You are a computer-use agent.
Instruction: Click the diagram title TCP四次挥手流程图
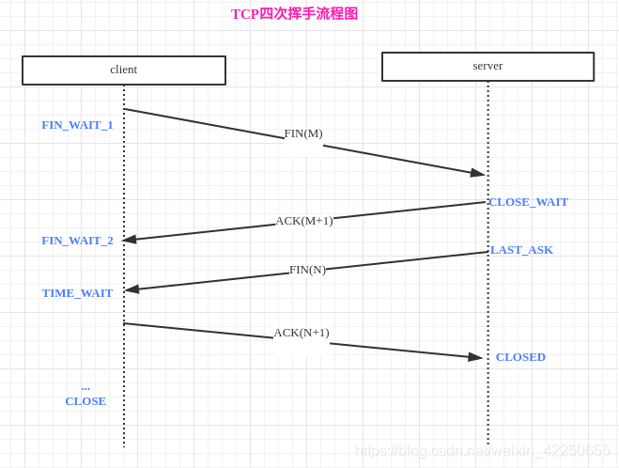click(294, 14)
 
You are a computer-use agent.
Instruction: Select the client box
click(124, 70)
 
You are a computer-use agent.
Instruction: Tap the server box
click(487, 66)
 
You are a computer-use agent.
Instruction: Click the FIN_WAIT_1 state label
click(77, 125)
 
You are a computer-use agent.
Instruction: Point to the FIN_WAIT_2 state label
click(77, 241)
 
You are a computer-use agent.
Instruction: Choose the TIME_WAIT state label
click(77, 293)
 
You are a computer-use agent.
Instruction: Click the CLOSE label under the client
click(85, 401)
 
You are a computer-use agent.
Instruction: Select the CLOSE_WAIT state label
click(528, 202)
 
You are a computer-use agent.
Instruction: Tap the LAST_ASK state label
click(521, 250)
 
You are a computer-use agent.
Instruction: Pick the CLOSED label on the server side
click(520, 357)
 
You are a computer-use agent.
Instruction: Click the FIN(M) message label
click(303, 133)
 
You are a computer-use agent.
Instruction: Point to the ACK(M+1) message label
click(303, 221)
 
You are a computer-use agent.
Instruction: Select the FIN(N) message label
click(307, 270)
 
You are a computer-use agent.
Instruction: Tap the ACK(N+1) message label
click(302, 333)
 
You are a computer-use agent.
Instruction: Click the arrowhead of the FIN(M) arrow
click(478, 173)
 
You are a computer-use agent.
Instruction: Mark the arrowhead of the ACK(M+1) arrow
click(130, 240)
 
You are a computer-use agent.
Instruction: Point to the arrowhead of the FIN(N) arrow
click(132, 289)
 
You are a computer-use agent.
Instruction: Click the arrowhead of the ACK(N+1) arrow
click(475, 357)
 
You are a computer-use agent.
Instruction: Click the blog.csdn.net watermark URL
click(482, 451)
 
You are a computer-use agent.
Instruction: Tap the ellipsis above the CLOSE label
click(85, 387)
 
